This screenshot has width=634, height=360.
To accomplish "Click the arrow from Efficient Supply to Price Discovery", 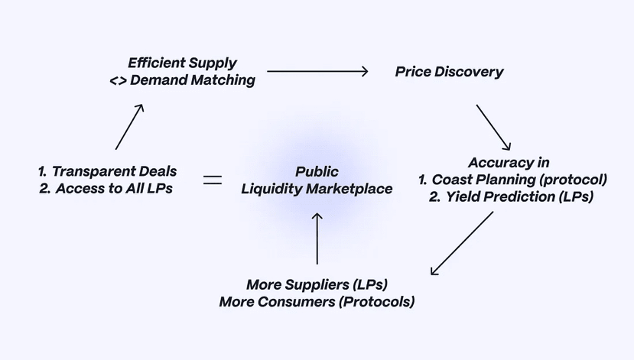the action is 317,72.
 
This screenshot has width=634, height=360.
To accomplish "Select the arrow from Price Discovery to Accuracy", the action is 493,127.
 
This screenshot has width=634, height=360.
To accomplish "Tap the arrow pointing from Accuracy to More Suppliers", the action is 462,242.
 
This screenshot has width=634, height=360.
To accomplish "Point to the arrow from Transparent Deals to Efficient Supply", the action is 129,127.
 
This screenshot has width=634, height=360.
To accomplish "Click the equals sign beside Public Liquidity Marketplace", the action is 212,180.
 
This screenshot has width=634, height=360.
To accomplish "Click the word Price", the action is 413,72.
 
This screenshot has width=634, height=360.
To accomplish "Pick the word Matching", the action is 223,80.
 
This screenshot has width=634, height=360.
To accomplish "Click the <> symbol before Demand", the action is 118,80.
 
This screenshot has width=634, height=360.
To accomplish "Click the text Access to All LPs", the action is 114,189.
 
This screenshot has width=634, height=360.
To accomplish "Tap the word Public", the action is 317,172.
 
